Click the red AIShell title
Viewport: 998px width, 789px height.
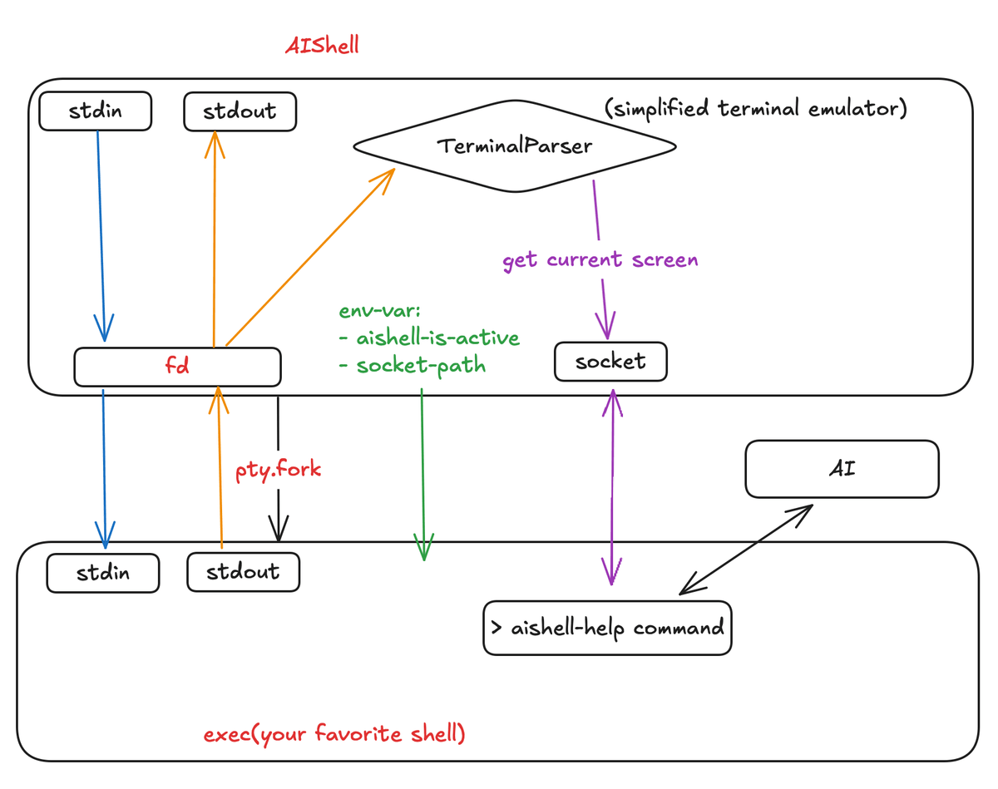pyautogui.click(x=322, y=46)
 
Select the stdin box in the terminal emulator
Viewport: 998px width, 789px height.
pyautogui.click(x=95, y=111)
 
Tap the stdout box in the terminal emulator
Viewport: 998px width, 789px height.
pyautogui.click(x=240, y=111)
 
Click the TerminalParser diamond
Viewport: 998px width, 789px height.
pyautogui.click(x=514, y=146)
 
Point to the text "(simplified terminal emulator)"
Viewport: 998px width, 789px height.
pyautogui.click(x=756, y=109)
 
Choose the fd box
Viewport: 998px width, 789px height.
pyautogui.click(x=177, y=367)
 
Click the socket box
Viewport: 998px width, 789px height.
pyautogui.click(x=610, y=362)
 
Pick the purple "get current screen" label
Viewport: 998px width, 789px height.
pyautogui.click(x=600, y=260)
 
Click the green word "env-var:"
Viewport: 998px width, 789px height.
pyautogui.click(x=379, y=311)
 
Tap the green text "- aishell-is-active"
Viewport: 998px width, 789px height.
pyautogui.click(x=429, y=338)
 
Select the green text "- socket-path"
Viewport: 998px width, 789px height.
pyautogui.click(x=413, y=365)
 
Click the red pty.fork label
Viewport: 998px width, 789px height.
pyautogui.click(x=279, y=470)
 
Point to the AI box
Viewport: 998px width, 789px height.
pyautogui.click(x=842, y=469)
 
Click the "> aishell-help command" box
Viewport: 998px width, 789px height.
pyautogui.click(x=607, y=628)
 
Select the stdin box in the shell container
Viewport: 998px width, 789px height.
pyautogui.click(x=103, y=573)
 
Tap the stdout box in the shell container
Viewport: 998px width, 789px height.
pyautogui.click(x=243, y=571)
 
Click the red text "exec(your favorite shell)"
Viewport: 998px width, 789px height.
pyautogui.click(x=334, y=734)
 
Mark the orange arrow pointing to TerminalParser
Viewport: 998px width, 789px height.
pyautogui.click(x=310, y=257)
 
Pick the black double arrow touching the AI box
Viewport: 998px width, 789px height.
pyautogui.click(x=746, y=550)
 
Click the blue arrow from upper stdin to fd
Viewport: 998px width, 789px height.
pyautogui.click(x=101, y=236)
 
